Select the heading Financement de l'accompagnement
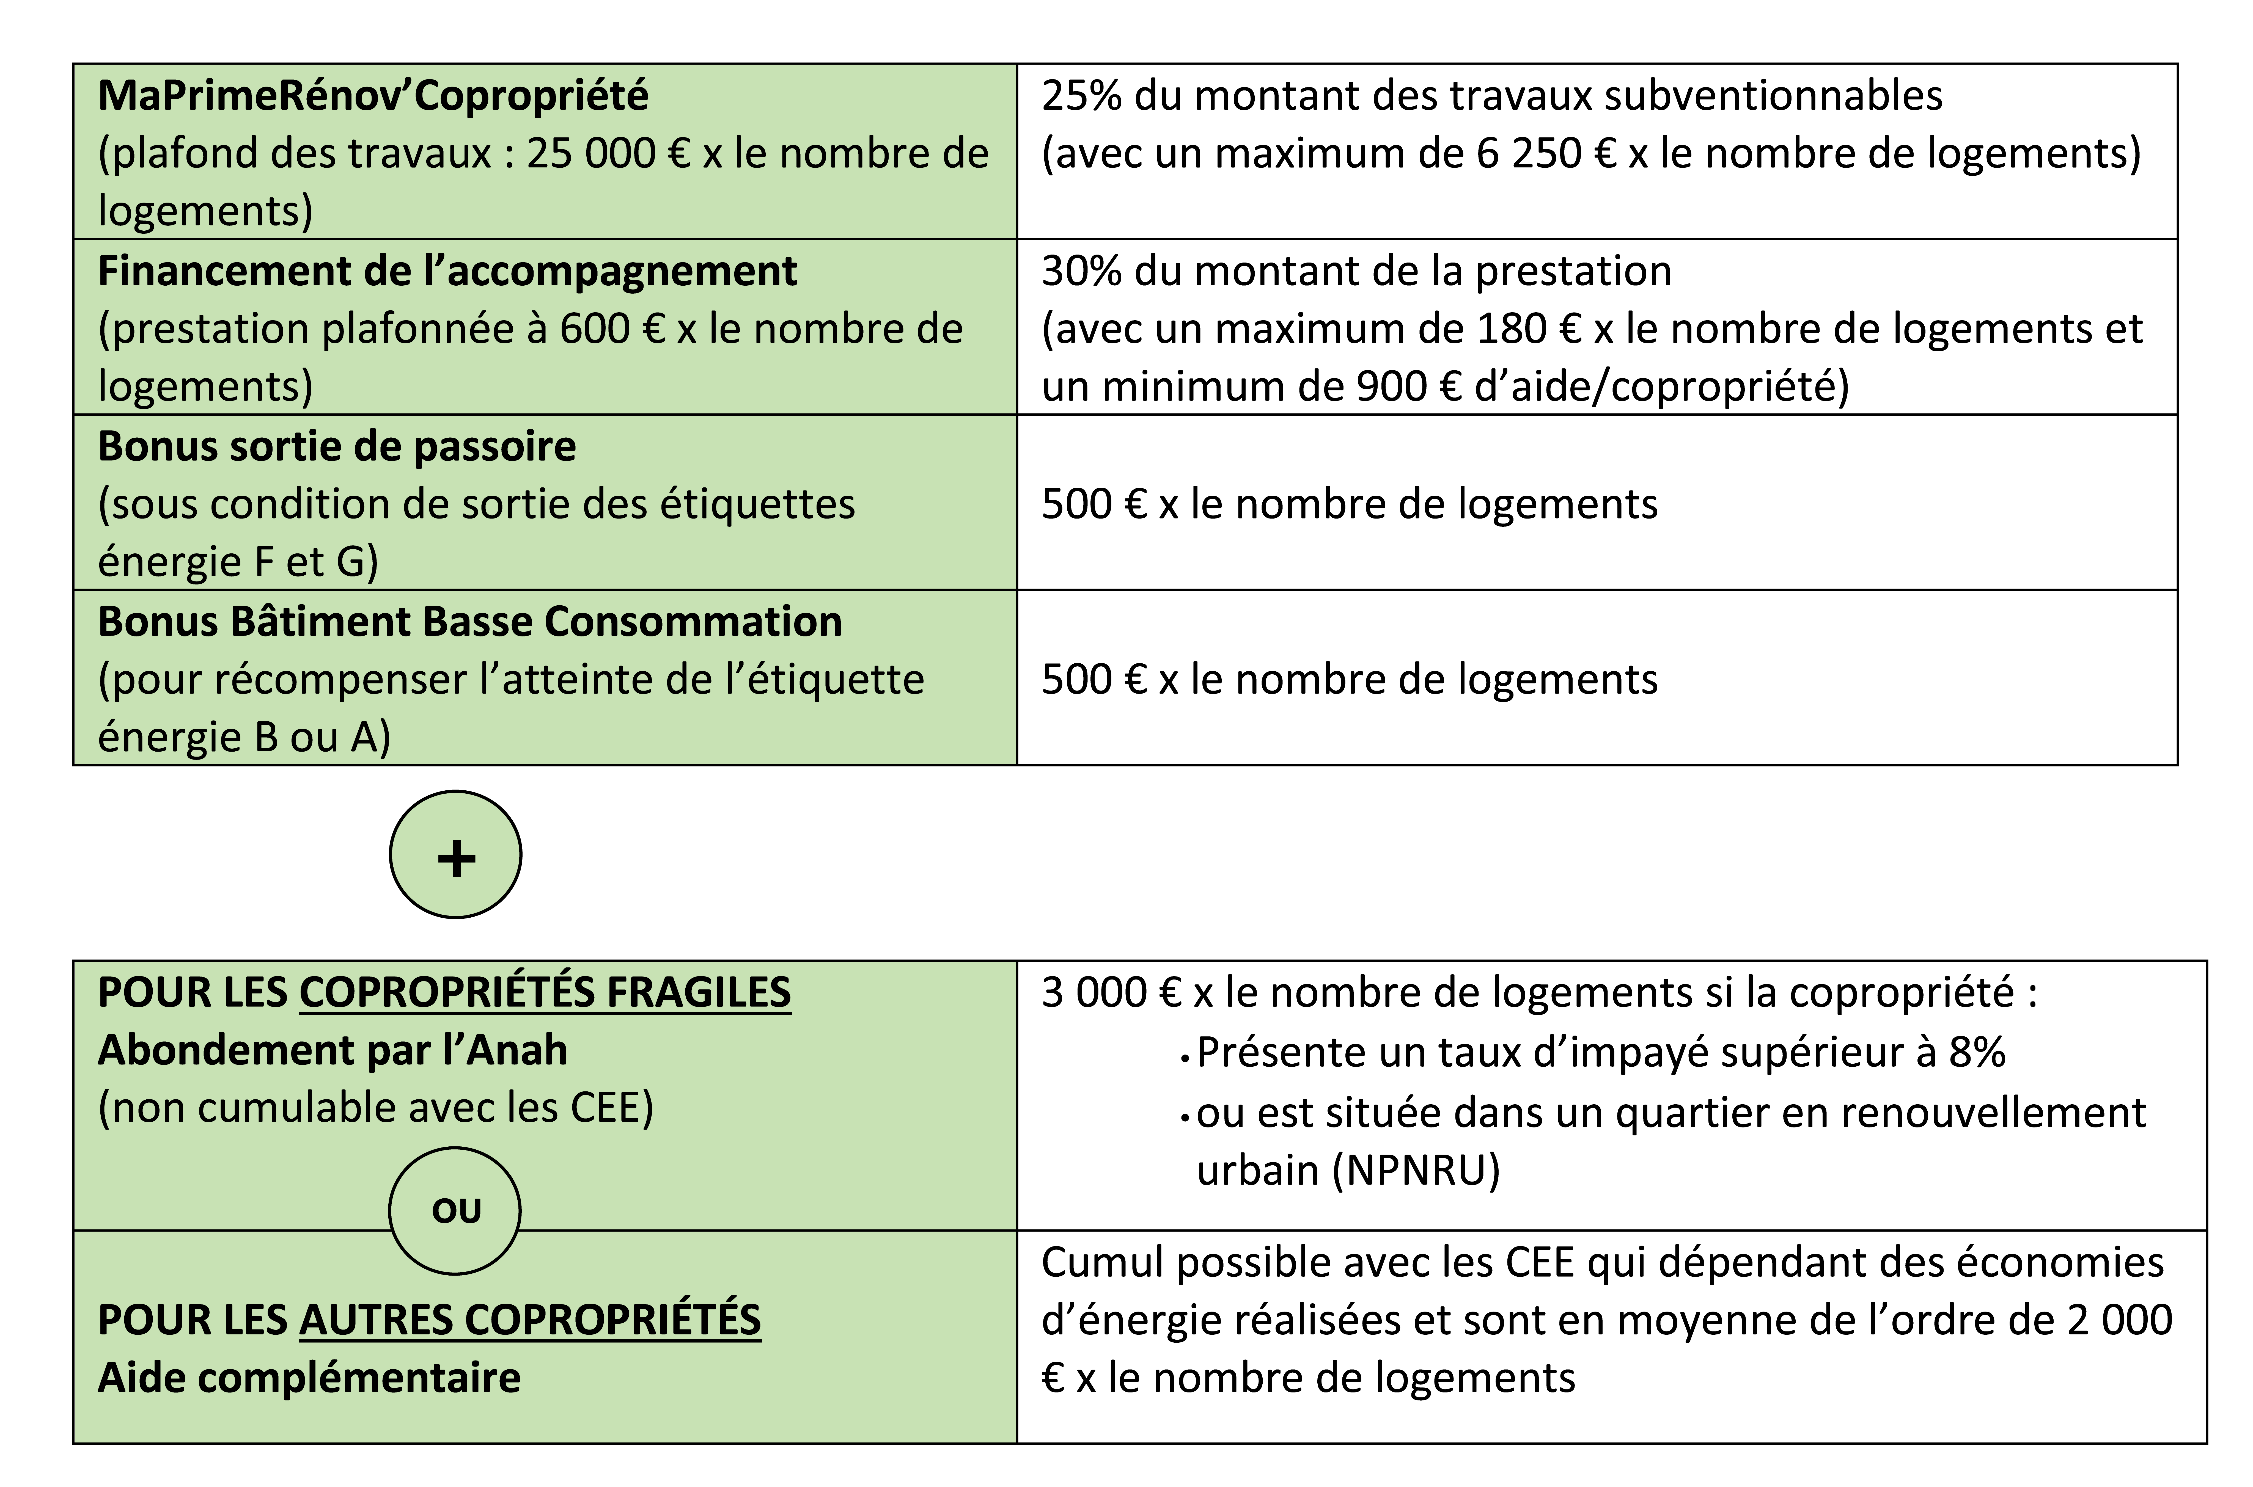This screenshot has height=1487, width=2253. point(447,271)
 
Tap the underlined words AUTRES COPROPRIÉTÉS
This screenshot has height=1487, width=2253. point(529,1320)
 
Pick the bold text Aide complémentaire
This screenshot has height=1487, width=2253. point(309,1378)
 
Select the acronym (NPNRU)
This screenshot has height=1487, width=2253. point(1415,1171)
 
